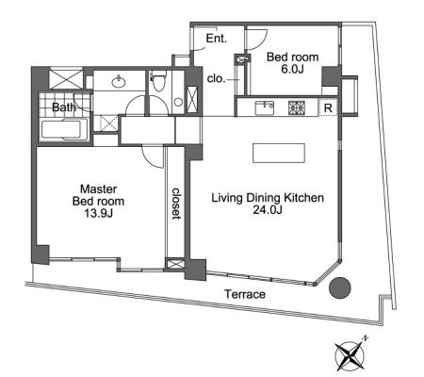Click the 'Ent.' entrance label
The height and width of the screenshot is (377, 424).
[216, 39]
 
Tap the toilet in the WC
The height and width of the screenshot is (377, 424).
[158, 80]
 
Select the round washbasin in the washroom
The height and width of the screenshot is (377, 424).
[119, 81]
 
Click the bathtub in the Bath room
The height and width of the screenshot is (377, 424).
[64, 129]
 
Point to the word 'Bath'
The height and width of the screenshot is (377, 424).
[64, 107]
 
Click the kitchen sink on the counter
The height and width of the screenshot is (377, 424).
[265, 107]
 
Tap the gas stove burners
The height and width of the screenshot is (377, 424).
[297, 107]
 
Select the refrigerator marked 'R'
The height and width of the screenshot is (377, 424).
[328, 107]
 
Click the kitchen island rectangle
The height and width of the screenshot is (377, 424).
[279, 153]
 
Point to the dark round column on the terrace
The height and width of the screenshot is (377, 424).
[340, 287]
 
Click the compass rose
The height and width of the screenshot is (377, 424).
[351, 355]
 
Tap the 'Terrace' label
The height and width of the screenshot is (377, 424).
[245, 295]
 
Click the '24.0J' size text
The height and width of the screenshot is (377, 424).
[268, 209]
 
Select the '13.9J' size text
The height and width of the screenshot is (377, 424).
[98, 214]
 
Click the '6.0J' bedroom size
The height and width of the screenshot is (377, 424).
[292, 70]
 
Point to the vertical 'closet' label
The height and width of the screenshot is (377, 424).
[176, 204]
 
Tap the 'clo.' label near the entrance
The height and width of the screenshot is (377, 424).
[217, 79]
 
